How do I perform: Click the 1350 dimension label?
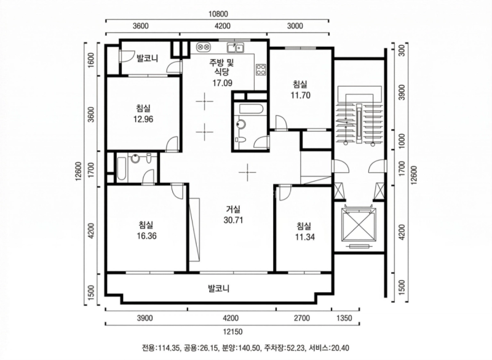[346, 318]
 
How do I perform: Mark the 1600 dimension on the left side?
[91, 62]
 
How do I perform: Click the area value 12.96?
[143, 119]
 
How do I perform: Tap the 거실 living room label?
[233, 209]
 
